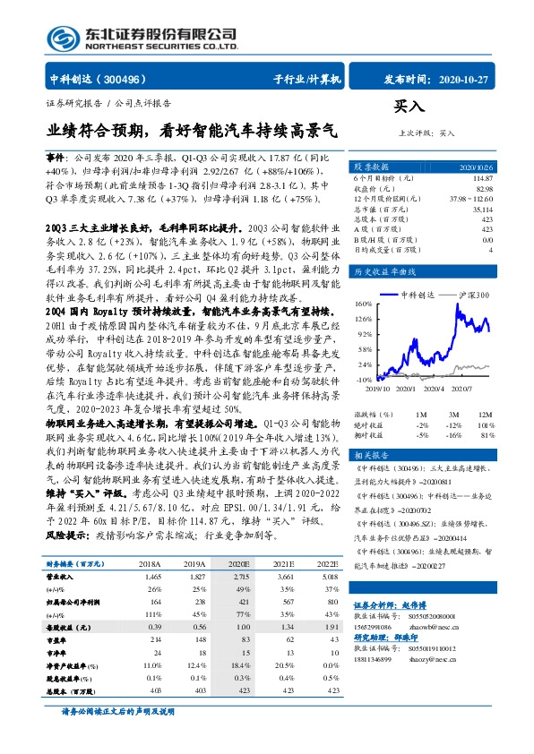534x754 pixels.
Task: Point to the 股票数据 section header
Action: click(371, 167)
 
